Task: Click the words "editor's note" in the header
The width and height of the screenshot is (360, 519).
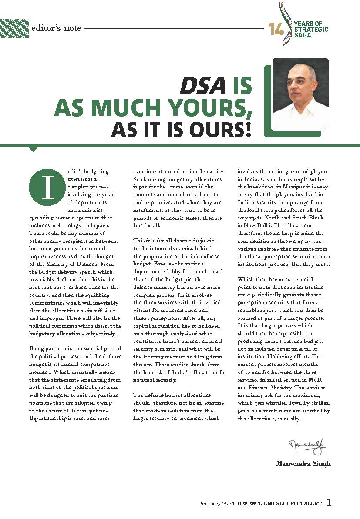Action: click(56, 28)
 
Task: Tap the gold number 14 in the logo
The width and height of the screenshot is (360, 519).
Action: click(276, 30)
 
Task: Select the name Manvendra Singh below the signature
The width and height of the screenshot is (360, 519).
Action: click(303, 463)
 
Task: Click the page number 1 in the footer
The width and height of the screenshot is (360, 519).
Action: click(329, 503)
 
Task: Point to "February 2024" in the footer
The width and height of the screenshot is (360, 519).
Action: click(216, 503)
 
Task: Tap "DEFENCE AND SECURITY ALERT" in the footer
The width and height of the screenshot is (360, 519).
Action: click(279, 503)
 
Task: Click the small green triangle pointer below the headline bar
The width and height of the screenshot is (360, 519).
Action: click(33, 149)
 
